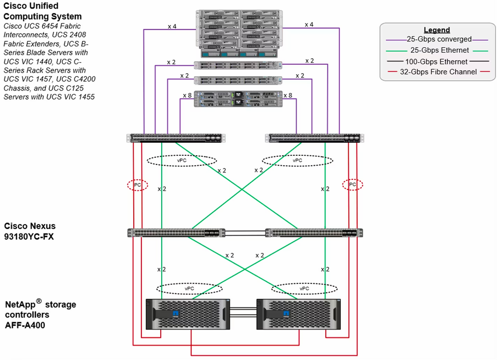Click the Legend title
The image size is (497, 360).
pos(437,30)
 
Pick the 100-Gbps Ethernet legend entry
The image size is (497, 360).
pos(436,62)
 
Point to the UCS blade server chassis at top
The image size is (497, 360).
pos(239,34)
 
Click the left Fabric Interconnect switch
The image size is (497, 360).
pos(176,138)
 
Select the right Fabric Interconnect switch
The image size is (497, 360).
pos(314,138)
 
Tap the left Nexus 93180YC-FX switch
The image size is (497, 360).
pos(176,233)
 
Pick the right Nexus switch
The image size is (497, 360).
pos(314,233)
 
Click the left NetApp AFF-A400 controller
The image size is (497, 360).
pos(188,314)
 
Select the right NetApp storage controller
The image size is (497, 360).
pos(298,314)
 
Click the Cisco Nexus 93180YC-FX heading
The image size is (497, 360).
pos(30,231)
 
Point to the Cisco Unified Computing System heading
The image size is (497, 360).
pos(42,11)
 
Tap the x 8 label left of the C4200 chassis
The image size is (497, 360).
pos(188,95)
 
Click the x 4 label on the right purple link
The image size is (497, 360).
pos(309,24)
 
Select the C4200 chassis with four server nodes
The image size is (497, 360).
pos(238,99)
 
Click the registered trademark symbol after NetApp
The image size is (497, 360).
pos(39,301)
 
